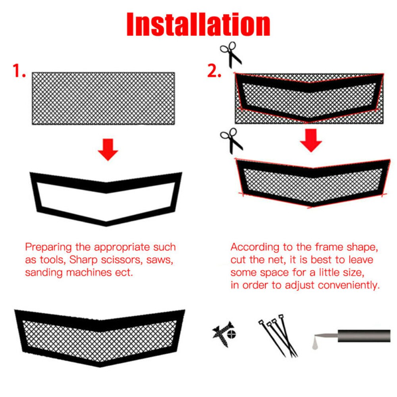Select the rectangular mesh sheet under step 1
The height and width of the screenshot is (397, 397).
click(x=103, y=98)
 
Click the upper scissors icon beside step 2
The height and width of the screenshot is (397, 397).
click(x=231, y=55)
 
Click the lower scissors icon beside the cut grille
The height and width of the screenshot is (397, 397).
click(x=231, y=140)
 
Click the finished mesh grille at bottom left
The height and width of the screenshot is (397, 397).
click(x=99, y=337)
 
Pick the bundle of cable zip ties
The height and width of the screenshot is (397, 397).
click(x=278, y=335)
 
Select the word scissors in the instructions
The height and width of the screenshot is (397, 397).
click(x=129, y=260)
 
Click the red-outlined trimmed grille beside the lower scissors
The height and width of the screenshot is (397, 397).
click(x=312, y=182)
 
